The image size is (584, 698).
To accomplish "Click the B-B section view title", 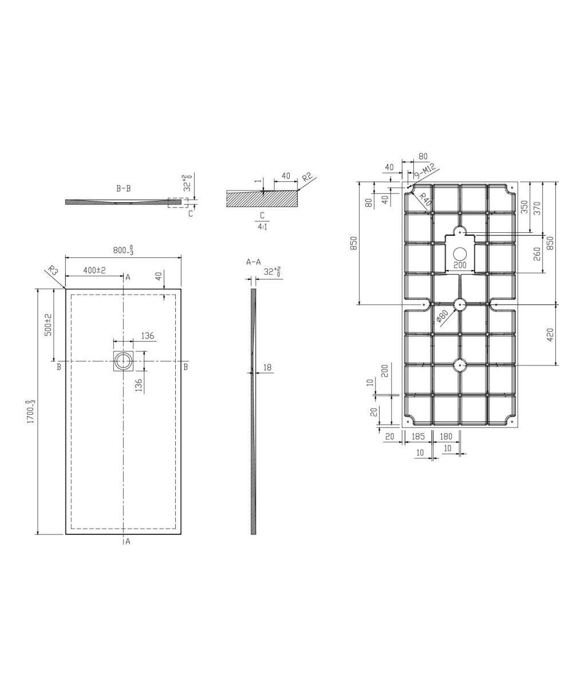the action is click(x=124, y=189).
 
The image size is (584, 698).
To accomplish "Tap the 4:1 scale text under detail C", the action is click(x=263, y=227).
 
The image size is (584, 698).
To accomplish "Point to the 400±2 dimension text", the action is click(x=94, y=270).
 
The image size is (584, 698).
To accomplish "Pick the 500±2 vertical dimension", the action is click(x=49, y=325).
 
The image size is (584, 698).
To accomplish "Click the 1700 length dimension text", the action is click(x=31, y=411).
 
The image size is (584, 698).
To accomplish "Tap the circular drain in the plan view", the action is click(x=124, y=361).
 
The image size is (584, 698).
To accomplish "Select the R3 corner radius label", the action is click(x=53, y=270).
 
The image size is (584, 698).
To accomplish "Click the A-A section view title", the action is click(x=253, y=262).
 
